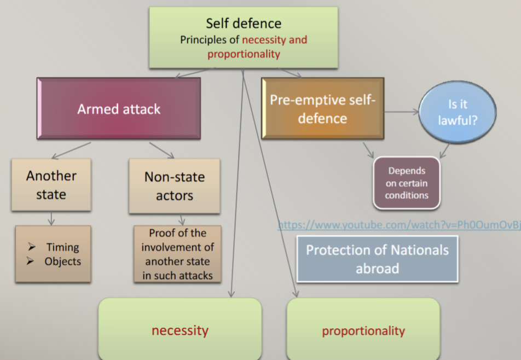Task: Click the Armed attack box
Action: click(x=119, y=108)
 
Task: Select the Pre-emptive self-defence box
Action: click(x=323, y=108)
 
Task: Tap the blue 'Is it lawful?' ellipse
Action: click(x=458, y=112)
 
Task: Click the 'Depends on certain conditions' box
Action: click(x=407, y=183)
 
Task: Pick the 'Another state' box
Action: click(x=51, y=184)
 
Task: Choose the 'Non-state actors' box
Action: click(x=175, y=186)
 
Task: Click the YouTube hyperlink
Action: click(x=400, y=225)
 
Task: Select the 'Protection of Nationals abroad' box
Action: click(x=377, y=259)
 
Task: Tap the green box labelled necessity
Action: click(x=180, y=329)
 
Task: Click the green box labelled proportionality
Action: click(x=363, y=329)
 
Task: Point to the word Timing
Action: click(x=63, y=247)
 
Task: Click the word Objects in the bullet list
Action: click(x=63, y=262)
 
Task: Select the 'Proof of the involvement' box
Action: click(x=177, y=254)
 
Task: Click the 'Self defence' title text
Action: click(x=244, y=24)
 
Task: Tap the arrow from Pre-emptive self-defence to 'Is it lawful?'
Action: click(x=401, y=112)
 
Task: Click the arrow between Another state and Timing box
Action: click(x=51, y=218)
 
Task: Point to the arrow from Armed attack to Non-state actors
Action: click(x=161, y=150)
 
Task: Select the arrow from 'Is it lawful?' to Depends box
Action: click(x=444, y=150)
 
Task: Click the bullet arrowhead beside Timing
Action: click(x=32, y=246)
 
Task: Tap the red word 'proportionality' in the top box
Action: click(x=244, y=54)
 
